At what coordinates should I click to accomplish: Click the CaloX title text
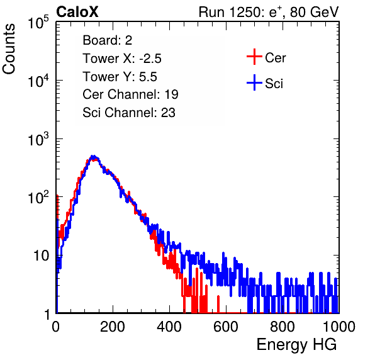pyautogui.click(x=77, y=12)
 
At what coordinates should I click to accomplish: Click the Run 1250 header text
pyautogui.click(x=269, y=12)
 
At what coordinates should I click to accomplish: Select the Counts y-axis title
pyautogui.click(x=9, y=49)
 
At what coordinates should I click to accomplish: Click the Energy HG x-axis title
pyautogui.click(x=296, y=345)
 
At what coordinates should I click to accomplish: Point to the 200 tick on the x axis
pyautogui.click(x=113, y=327)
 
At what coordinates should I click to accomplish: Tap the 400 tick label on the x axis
pyautogui.click(x=169, y=327)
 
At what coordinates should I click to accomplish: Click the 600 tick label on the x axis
pyautogui.click(x=226, y=327)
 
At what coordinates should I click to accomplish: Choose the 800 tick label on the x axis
pyautogui.click(x=283, y=327)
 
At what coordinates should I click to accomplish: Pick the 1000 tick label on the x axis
pyautogui.click(x=339, y=327)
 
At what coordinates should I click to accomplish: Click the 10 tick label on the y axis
pyautogui.click(x=42, y=256)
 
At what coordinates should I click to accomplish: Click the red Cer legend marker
pyautogui.click(x=254, y=57)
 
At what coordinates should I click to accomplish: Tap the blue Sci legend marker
pyautogui.click(x=254, y=83)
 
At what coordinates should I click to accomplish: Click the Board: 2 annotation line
pyautogui.click(x=107, y=40)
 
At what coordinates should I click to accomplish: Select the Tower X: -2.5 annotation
pyautogui.click(x=122, y=59)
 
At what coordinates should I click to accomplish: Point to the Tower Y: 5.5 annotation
pyautogui.click(x=120, y=77)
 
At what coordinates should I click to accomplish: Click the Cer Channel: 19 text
pyautogui.click(x=130, y=94)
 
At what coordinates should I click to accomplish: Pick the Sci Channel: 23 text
pyautogui.click(x=129, y=113)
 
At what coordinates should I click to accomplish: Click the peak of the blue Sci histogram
pyautogui.click(x=94, y=157)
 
